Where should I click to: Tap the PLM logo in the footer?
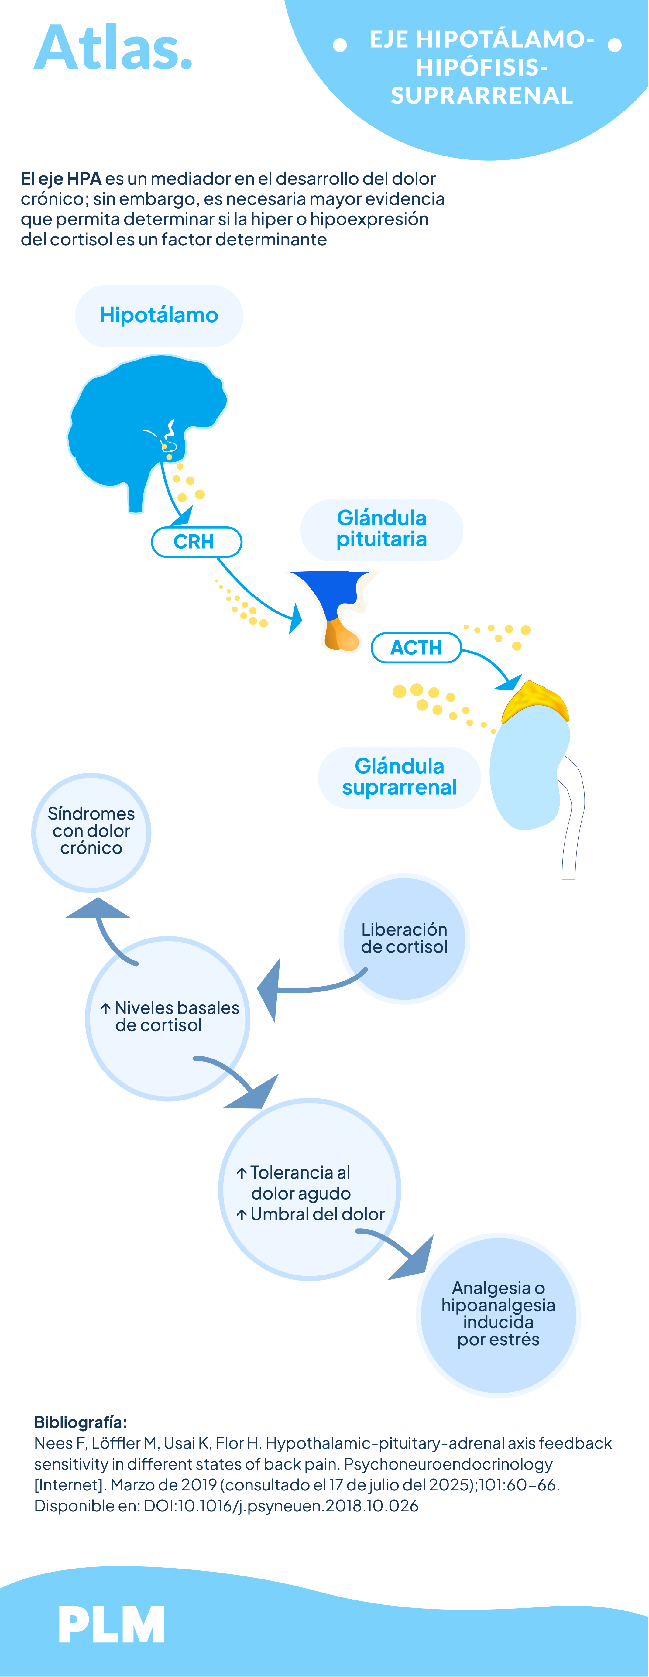(x=112, y=1624)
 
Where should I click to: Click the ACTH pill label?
(x=416, y=648)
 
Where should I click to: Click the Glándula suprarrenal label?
(x=399, y=777)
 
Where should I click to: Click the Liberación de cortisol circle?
(x=404, y=938)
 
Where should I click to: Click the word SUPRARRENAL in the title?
(x=482, y=96)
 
